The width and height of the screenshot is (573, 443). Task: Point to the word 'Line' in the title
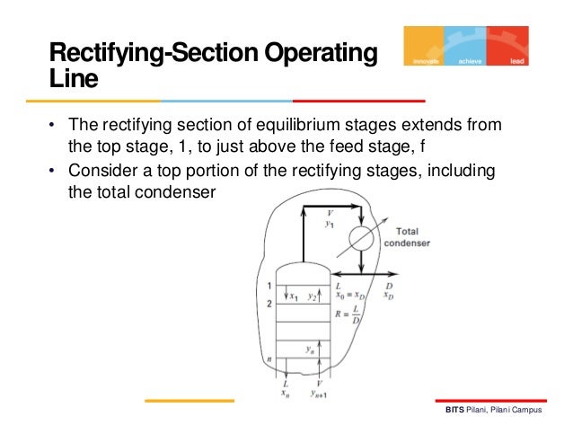(73, 81)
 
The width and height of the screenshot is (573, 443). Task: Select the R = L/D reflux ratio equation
(348, 315)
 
